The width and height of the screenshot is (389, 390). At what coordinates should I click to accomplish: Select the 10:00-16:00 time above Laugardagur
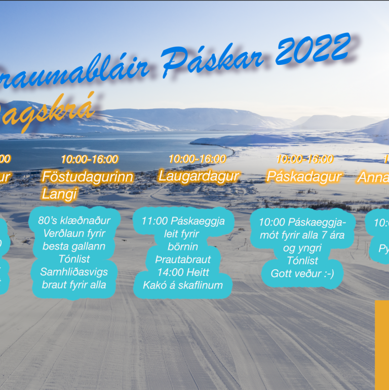[197, 159]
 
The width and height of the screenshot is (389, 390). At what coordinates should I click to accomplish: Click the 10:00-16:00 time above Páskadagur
[305, 159]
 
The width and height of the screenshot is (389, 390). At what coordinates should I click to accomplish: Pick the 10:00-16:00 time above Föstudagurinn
[90, 159]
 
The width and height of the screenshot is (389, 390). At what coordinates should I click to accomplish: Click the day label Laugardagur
[198, 176]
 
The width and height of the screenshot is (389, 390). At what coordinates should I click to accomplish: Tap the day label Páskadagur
[304, 176]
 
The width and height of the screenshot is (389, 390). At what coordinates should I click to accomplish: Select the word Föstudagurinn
[88, 177]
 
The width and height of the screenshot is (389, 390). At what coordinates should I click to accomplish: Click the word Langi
[59, 194]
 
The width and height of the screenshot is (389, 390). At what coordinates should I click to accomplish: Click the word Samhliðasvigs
[74, 272]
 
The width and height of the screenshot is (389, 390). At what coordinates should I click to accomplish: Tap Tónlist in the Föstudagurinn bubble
[74, 259]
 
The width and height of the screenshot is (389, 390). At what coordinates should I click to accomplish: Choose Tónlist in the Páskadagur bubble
[302, 261]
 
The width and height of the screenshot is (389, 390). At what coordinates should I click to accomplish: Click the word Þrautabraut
[183, 260]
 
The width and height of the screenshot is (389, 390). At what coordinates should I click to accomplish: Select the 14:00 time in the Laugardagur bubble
[169, 272]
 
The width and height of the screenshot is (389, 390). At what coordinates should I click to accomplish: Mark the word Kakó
[155, 285]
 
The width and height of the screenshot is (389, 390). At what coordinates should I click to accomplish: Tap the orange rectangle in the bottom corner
[382, 345]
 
